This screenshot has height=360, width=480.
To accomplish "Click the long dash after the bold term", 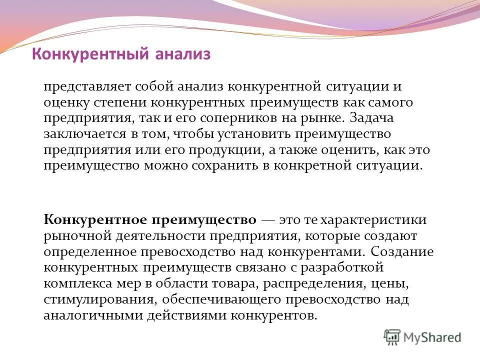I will (268, 220).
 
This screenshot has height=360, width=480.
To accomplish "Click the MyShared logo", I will (422, 337).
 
